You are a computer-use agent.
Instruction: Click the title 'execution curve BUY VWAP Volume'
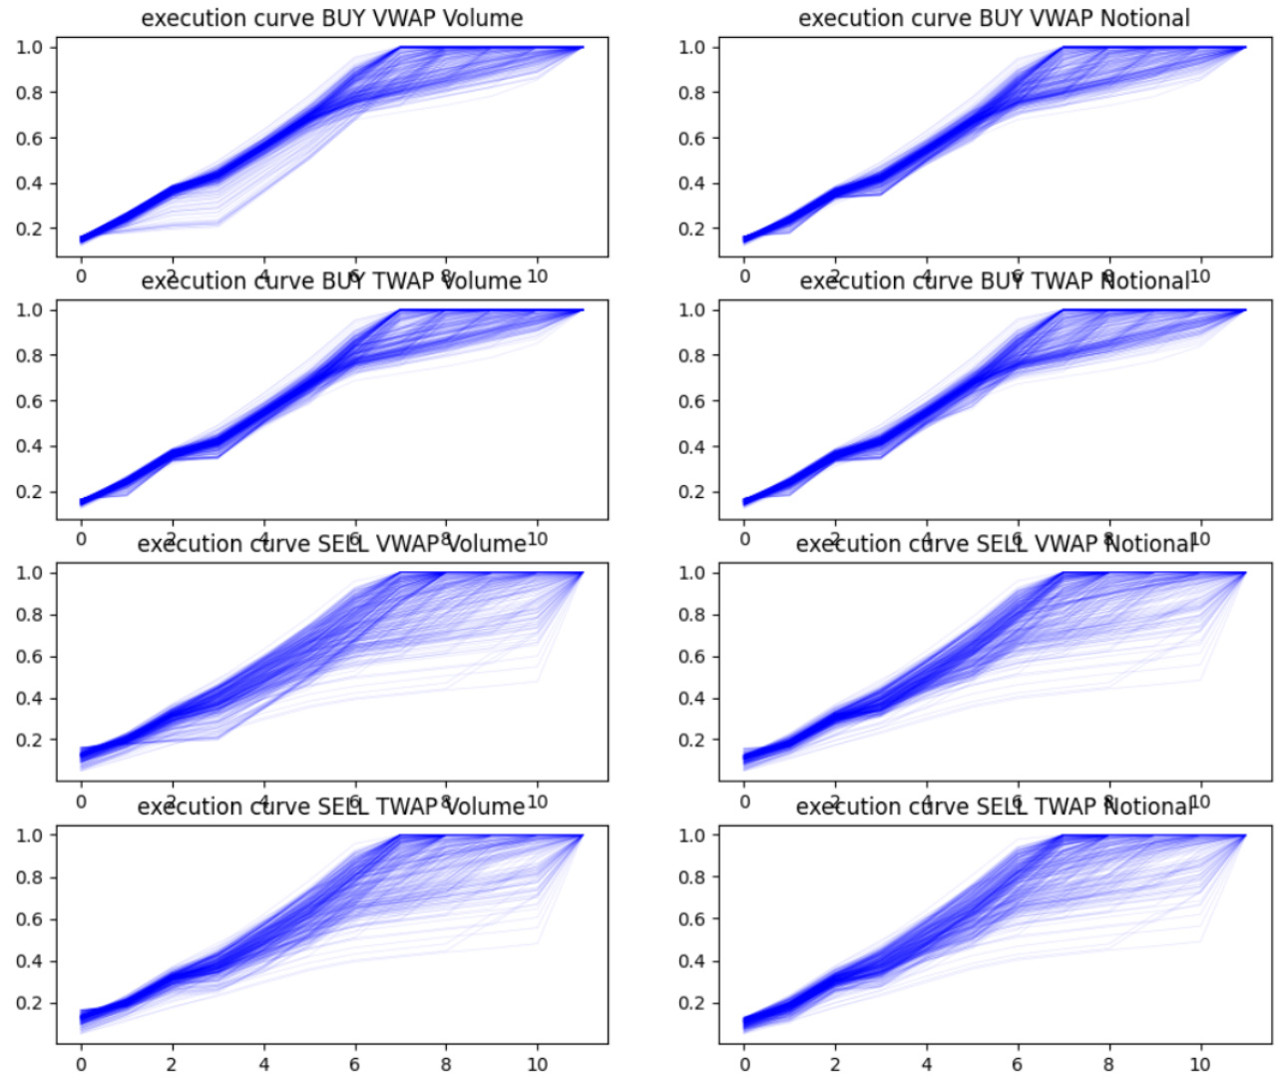pos(331,18)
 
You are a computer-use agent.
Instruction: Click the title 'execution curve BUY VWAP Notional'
pos(994,18)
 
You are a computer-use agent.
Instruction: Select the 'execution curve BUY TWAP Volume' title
pos(331,280)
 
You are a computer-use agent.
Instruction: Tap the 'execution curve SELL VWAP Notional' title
pos(994,543)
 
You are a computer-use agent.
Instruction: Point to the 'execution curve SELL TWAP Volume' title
pos(331,806)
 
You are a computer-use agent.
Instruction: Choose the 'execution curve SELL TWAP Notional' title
pos(994,806)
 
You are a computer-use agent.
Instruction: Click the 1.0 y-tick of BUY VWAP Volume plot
pos(29,47)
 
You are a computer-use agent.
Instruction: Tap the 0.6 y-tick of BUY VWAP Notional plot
pos(691,138)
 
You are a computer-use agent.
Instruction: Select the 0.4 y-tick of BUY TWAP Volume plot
pos(29,446)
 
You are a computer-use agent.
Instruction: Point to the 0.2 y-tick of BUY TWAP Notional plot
pos(691,491)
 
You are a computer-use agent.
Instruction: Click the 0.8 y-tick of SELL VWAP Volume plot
pos(29,614)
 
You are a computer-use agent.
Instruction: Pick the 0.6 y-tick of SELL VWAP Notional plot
pos(691,656)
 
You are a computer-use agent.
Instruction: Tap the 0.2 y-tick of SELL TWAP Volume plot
pos(29,1002)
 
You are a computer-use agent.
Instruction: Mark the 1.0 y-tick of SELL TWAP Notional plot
pos(691,834)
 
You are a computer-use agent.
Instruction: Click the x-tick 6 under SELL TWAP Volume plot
pos(354,1064)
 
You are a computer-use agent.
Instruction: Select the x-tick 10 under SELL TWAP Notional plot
pos(1200,1064)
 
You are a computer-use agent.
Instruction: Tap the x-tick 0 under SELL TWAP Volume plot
pos(82,1064)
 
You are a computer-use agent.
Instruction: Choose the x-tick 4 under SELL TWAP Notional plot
pos(927,1064)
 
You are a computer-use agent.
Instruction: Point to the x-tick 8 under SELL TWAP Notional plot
pos(1108,1064)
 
